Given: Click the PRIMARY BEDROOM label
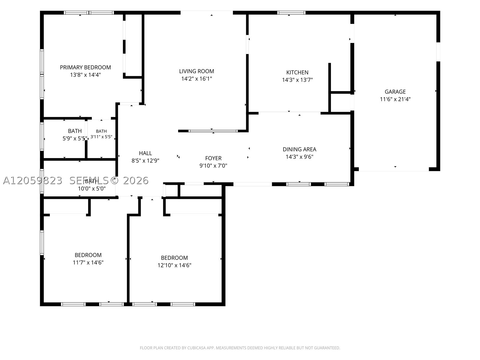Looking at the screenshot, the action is [85, 67].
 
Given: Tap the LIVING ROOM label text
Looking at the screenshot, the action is [196, 71].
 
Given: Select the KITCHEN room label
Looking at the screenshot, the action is [297, 72].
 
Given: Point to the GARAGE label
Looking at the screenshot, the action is [395, 91].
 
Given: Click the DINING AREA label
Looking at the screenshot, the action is [299, 149].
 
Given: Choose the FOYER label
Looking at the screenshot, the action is [213, 158].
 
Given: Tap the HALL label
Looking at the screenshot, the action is [145, 153].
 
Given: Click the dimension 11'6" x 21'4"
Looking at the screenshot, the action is [395, 99].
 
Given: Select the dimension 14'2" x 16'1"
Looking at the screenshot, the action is [196, 79].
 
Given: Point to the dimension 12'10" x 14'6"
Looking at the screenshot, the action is [174, 265].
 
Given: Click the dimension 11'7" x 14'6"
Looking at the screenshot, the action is [88, 262].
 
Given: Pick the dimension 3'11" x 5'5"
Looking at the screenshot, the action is [101, 137].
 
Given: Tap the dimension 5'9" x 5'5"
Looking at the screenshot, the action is [75, 139].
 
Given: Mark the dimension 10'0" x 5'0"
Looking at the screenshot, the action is [92, 189].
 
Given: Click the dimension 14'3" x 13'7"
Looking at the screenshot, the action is [297, 80].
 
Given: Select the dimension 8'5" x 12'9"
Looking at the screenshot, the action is [145, 161].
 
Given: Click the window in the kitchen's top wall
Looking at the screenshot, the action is [291, 13].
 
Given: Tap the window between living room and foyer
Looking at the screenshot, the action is [213, 131].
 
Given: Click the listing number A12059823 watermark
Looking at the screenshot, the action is [33, 181].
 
